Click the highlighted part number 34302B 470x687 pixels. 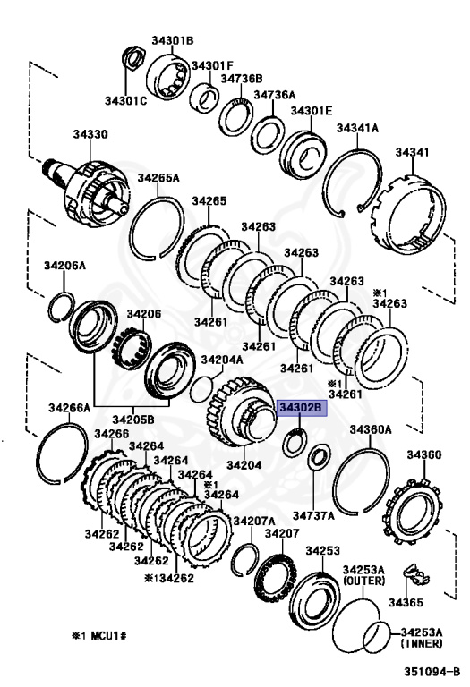coord(301,408)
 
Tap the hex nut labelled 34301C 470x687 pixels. coord(133,58)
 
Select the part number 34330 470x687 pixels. coord(90,134)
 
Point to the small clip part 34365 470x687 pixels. coord(416,575)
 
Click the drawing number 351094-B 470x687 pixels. coord(432,671)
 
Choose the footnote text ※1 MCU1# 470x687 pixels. coord(99,635)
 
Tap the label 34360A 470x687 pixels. coord(371,429)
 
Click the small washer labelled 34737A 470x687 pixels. coord(319,456)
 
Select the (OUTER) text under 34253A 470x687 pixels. coord(363,581)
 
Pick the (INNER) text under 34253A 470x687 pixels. coord(422,643)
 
